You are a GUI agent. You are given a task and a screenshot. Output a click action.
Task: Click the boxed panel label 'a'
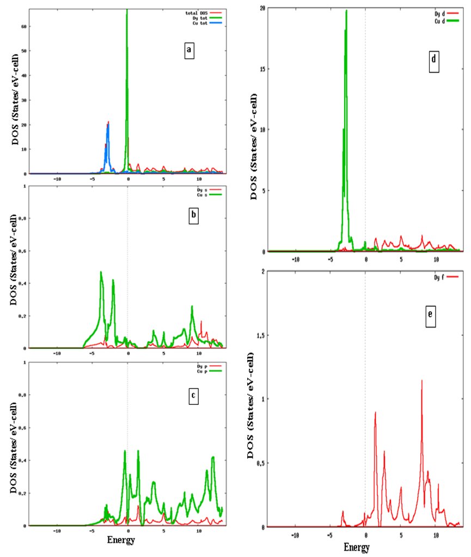[188, 51]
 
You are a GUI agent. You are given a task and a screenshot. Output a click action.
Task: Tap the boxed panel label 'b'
[192, 216]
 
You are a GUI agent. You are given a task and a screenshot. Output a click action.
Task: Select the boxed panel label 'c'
[192, 397]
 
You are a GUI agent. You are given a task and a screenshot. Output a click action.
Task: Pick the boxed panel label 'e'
[431, 318]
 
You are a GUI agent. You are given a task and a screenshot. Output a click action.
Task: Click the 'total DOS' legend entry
[206, 12]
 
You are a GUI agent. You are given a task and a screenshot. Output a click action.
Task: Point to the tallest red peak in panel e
[421, 381]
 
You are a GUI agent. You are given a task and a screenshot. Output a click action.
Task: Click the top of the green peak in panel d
[346, 11]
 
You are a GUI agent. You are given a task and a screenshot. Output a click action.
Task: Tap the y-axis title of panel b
[14, 267]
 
